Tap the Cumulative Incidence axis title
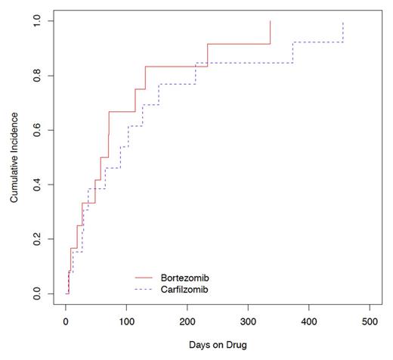pyautogui.click(x=14, y=157)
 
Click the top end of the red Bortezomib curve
pyautogui.click(x=270, y=21)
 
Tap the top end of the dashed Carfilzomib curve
pyautogui.click(x=343, y=22)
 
